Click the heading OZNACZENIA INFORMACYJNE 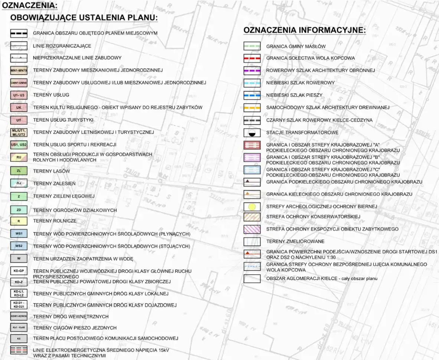(x=305, y=30)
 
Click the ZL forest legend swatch (x=19, y=171)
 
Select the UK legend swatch (x=19, y=108)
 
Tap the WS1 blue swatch (x=19, y=234)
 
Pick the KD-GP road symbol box (x=19, y=271)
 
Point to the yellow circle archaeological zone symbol (x=252, y=207)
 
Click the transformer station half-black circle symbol (x=252, y=132)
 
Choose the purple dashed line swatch (x=252, y=70)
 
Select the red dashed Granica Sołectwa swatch (x=252, y=58)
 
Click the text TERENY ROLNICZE (x=55, y=221)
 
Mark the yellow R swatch (x=19, y=221)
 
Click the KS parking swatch (x=19, y=338)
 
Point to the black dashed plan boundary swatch (x=19, y=33)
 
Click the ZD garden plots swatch (x=19, y=210)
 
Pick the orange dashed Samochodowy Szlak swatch (x=252, y=108)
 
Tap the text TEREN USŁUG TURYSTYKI (x=63, y=120)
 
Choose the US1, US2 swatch (x=19, y=145)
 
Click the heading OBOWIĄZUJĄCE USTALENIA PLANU (x=84, y=18)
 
